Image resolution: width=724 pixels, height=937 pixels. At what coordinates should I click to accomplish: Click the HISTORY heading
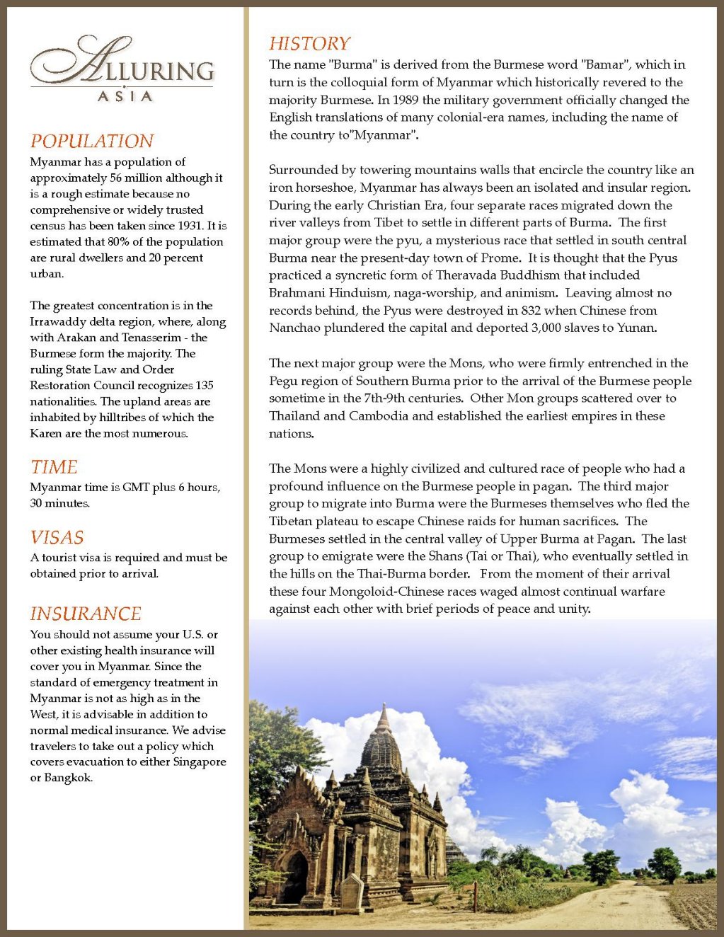click(x=309, y=44)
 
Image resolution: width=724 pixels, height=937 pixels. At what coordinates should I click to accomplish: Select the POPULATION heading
click(x=92, y=141)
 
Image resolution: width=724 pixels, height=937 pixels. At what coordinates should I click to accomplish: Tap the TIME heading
click(x=54, y=467)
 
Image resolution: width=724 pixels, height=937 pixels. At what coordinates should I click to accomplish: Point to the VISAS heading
click(x=57, y=537)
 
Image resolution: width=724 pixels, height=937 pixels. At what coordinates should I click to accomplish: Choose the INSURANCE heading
click(x=86, y=614)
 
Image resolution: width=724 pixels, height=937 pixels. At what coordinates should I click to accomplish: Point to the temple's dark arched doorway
click(x=297, y=878)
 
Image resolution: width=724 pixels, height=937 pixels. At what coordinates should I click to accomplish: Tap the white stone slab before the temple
click(x=352, y=891)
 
